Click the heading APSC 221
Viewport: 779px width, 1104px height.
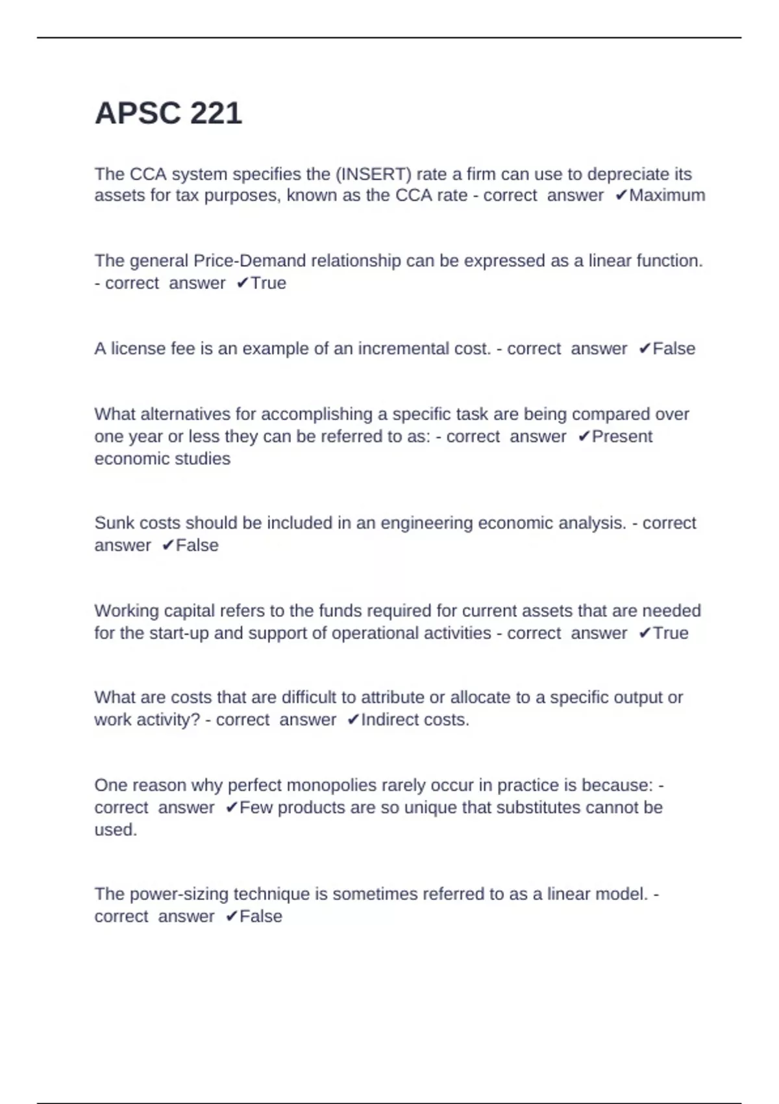pyautogui.click(x=168, y=114)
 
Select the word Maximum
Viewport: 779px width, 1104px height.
pyautogui.click(x=667, y=195)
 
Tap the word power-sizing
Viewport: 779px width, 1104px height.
pyautogui.click(x=177, y=894)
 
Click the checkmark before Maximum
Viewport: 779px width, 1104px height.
pyautogui.click(x=621, y=195)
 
